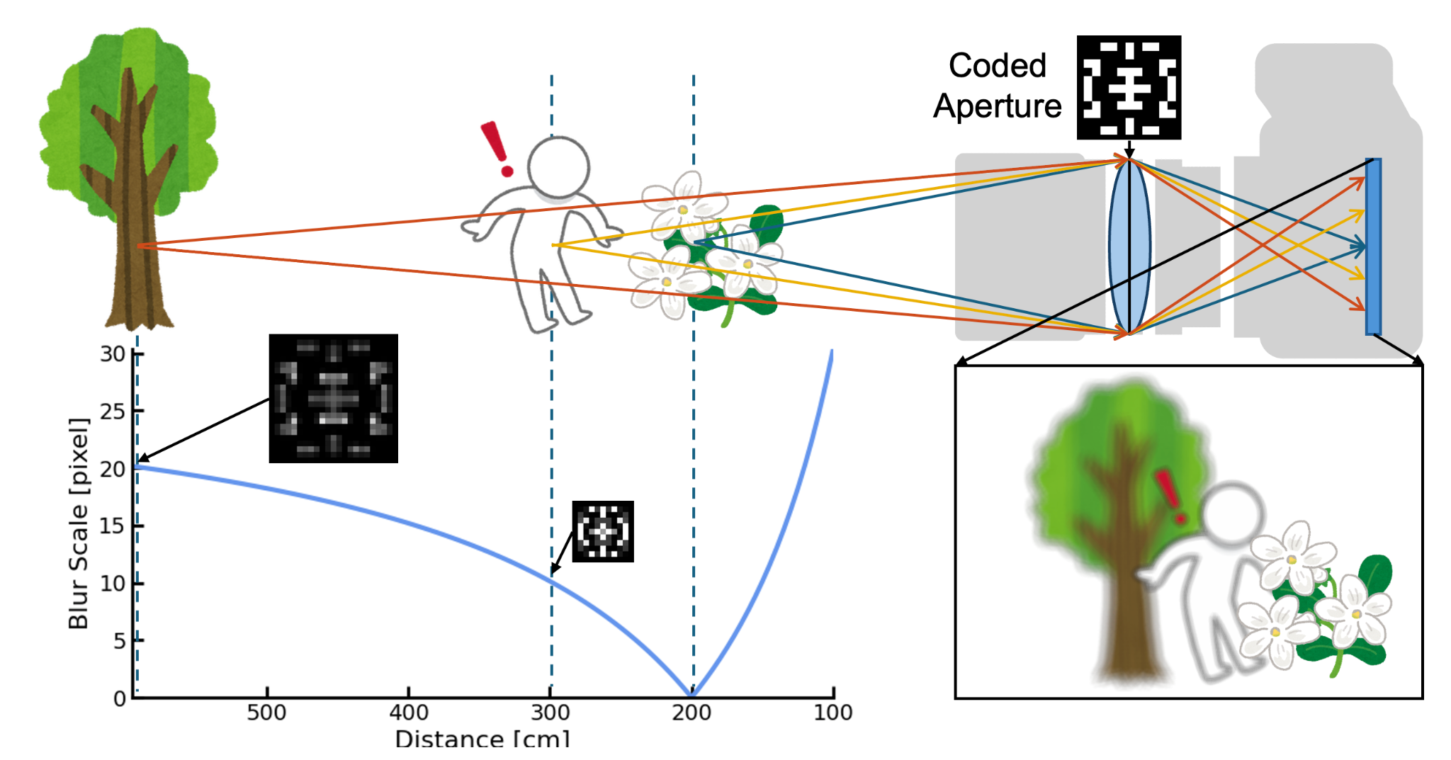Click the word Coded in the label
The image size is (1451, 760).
pos(997,66)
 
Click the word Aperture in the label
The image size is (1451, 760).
pos(997,106)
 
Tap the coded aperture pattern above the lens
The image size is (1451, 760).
pos(1129,87)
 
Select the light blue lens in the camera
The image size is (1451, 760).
pos(1129,246)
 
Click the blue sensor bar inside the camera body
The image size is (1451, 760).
pos(1373,246)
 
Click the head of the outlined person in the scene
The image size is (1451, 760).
pos(558,167)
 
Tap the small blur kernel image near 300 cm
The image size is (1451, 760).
pos(603,531)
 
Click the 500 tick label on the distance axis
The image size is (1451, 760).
pos(266,713)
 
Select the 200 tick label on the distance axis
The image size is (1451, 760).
pos(691,713)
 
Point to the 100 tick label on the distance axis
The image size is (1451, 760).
pos(833,713)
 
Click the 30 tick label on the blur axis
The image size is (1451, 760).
pos(113,353)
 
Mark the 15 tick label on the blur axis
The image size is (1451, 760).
pos(113,526)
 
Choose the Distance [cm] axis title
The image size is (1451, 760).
pos(482,739)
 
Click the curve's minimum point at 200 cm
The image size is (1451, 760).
pos(692,695)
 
